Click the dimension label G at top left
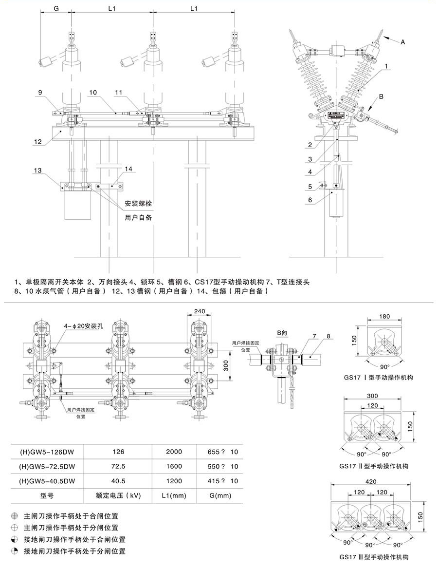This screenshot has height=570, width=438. coord(56,8)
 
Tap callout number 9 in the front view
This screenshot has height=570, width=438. coord(41,92)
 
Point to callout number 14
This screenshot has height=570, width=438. coord(128,169)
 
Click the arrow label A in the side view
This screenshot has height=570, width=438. coord(402,42)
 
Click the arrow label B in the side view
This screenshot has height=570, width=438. coord(381,96)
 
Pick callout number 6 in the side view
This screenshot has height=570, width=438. coord(310,200)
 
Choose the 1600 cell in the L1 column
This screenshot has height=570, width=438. coord(174,466)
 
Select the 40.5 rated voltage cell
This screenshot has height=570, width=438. coord(118,481)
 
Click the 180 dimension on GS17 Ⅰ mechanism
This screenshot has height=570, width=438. coord(384,316)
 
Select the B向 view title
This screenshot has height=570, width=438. coord(283,333)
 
